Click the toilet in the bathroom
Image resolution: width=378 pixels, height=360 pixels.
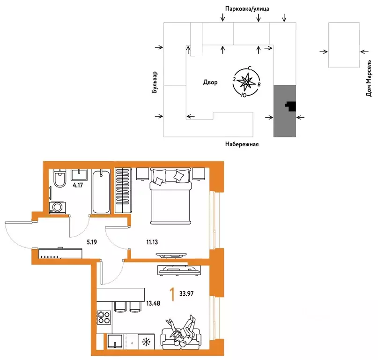(x=59, y=178)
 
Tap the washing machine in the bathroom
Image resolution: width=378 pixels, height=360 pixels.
(x=57, y=207)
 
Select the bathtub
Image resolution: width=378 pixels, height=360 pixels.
(x=101, y=191)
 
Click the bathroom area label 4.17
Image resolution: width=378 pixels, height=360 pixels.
(x=78, y=185)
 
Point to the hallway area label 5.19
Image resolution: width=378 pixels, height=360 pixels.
(x=92, y=242)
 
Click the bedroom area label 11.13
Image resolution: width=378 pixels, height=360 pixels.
(x=152, y=242)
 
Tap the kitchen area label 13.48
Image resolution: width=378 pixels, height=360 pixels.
(x=153, y=303)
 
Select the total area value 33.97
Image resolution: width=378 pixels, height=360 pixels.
(x=186, y=293)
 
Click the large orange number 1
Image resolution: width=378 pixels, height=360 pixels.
(x=172, y=294)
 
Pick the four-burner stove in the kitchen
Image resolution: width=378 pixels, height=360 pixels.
(x=104, y=317)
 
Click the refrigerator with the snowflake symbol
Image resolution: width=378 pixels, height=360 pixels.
(x=146, y=341)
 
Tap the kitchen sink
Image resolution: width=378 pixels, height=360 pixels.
(x=115, y=341)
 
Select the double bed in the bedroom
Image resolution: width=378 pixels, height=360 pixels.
(x=170, y=196)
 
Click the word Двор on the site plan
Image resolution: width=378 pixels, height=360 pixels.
(x=210, y=82)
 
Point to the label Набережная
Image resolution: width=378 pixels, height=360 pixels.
(x=242, y=144)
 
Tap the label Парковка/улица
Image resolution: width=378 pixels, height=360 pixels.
(x=247, y=9)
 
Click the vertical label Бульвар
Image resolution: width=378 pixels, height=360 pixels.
(x=155, y=82)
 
